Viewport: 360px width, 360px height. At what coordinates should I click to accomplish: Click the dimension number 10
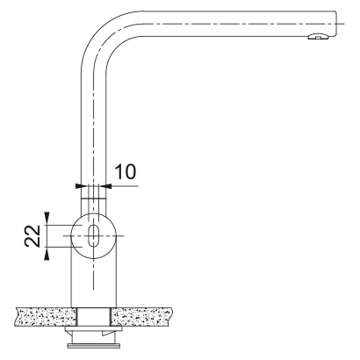pos(126,169)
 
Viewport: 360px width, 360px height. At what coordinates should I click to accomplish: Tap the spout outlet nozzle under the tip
pos(314,36)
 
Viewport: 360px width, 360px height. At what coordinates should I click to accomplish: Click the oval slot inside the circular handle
pos(91,235)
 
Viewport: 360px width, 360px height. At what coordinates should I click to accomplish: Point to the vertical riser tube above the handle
pos(91,132)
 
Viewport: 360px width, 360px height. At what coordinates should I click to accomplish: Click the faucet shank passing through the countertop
pos(91,315)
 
